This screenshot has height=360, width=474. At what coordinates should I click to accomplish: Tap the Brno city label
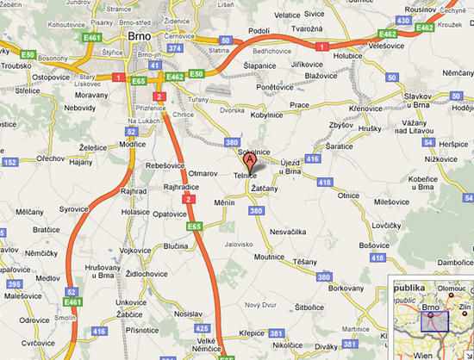pos(139,37)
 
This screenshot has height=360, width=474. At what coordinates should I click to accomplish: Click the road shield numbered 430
pos(404,20)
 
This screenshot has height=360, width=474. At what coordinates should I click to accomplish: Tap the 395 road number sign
pos(13,284)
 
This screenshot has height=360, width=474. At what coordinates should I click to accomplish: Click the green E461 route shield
pos(72,302)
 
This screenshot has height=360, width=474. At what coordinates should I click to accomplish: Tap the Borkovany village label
pos(346,286)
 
